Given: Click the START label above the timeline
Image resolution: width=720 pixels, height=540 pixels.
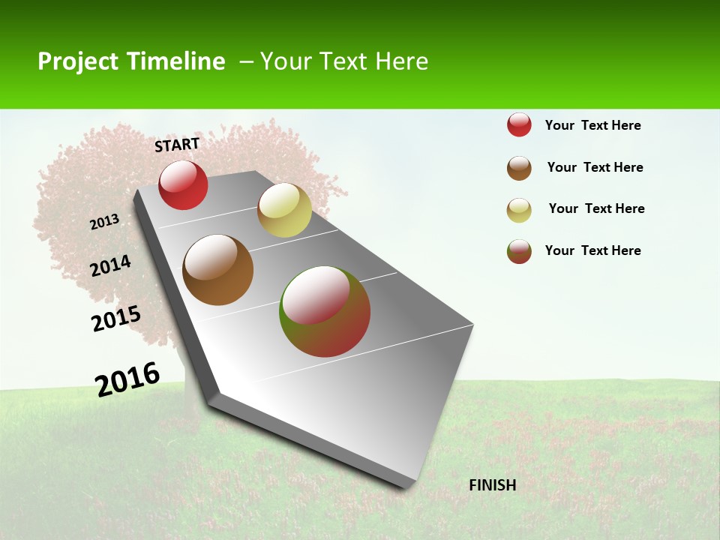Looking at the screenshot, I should pyautogui.click(x=177, y=145).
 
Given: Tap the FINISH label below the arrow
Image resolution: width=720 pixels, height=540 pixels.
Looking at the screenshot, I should pyautogui.click(x=493, y=485).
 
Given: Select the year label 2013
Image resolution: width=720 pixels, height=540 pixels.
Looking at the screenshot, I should pyautogui.click(x=104, y=222).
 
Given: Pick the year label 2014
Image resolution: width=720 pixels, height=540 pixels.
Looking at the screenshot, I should pyautogui.click(x=110, y=266).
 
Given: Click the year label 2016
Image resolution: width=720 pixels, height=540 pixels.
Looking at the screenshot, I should pyautogui.click(x=127, y=379).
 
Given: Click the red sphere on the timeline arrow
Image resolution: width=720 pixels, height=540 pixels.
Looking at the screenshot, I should pyautogui.click(x=183, y=185).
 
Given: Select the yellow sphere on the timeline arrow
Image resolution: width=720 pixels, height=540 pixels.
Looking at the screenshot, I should pyautogui.click(x=284, y=210).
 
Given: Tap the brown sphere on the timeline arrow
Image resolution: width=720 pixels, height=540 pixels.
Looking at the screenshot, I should pyautogui.click(x=218, y=270).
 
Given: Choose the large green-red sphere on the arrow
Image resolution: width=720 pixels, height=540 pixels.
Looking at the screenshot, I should pyautogui.click(x=325, y=311).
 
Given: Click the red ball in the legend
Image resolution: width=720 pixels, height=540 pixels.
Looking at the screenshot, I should pyautogui.click(x=519, y=125).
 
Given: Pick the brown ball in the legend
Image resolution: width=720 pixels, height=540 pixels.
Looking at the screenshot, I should pyautogui.click(x=519, y=168).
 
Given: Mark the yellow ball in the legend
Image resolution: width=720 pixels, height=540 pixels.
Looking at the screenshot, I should pyautogui.click(x=519, y=210).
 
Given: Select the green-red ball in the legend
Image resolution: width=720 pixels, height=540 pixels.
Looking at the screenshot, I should pyautogui.click(x=519, y=251).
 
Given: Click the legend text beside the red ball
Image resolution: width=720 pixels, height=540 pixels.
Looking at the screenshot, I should pyautogui.click(x=592, y=125).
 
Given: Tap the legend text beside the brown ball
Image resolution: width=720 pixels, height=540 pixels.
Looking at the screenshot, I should pyautogui.click(x=595, y=167).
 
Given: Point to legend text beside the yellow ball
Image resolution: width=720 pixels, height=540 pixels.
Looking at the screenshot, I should pyautogui.click(x=596, y=208).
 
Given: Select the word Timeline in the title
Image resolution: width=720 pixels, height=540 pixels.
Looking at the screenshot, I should pyautogui.click(x=177, y=61).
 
